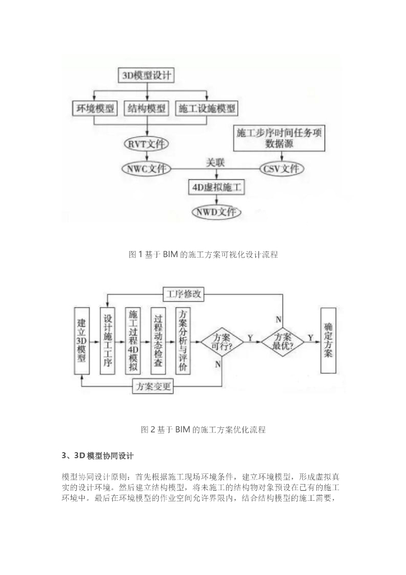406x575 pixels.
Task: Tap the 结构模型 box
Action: [x=147, y=108]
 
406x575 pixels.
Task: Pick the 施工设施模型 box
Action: [x=206, y=108]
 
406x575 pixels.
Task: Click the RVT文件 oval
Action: [x=147, y=143]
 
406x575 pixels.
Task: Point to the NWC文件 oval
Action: [x=147, y=168]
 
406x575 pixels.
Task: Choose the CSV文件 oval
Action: [x=280, y=168]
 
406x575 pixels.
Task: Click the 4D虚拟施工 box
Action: [x=215, y=187]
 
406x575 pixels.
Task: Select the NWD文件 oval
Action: [x=215, y=212]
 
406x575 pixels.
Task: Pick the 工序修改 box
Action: [x=184, y=294]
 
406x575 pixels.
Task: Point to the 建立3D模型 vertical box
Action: [x=82, y=341]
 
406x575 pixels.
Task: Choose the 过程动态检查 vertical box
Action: [x=158, y=341]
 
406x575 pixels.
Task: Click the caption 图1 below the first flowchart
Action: [x=203, y=255]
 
